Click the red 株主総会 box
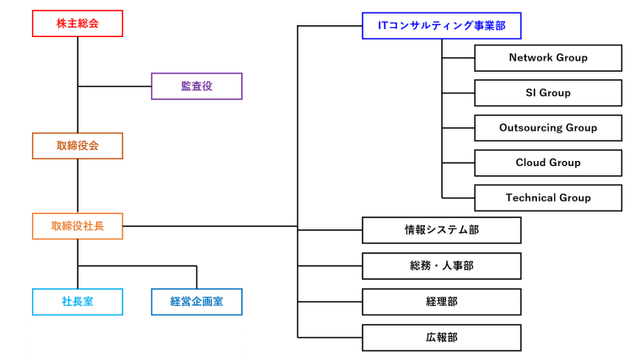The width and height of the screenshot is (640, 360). [78, 24]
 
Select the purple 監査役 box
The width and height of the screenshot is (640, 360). [196, 86]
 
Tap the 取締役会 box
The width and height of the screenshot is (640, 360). [78, 146]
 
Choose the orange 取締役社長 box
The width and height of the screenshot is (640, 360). [78, 226]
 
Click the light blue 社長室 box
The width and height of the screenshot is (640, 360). [78, 302]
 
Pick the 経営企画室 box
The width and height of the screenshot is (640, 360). [196, 302]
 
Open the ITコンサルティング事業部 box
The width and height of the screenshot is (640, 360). [441, 26]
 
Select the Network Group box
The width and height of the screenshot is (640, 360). [548, 58]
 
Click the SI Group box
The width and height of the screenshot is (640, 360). [548, 93]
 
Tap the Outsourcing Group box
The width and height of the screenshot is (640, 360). [548, 128]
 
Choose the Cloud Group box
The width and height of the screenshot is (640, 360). [548, 163]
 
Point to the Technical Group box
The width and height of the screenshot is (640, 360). [548, 198]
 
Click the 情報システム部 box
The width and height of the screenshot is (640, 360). [441, 230]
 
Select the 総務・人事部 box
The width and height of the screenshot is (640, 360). [441, 266]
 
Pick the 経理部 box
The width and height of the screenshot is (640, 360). [441, 301]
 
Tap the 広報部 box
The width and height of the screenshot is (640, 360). [441, 337]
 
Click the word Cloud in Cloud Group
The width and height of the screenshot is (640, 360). [531, 163]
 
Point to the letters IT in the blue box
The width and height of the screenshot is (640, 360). [383, 26]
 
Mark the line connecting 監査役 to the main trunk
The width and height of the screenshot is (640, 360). [115, 86]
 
